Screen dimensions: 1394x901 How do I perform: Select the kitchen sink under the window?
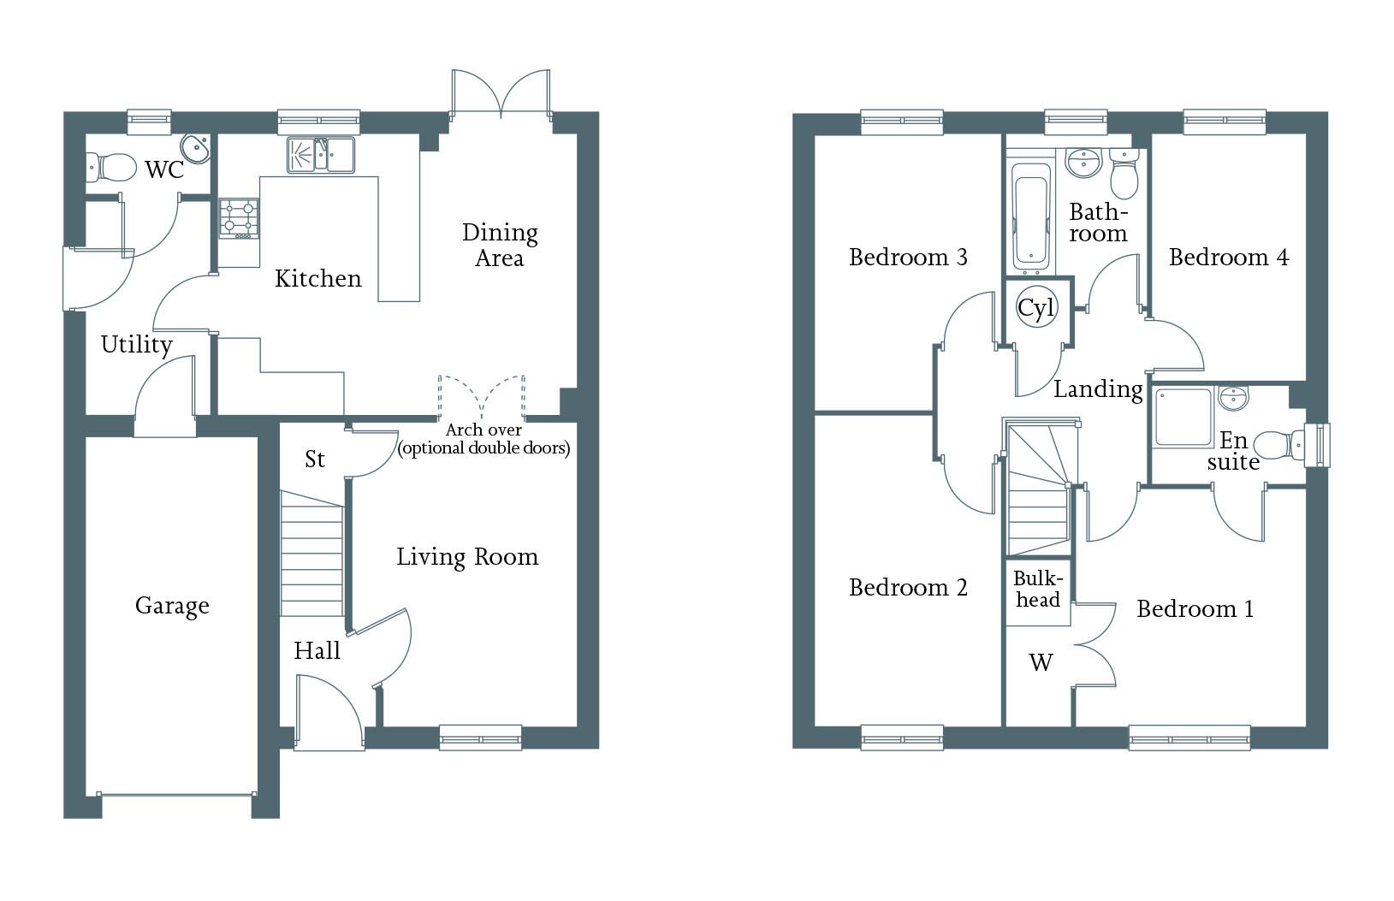(321, 154)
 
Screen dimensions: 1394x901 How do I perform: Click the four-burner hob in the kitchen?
(239, 218)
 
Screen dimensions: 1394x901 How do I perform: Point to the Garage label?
(172, 606)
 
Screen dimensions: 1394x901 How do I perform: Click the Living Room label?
(467, 557)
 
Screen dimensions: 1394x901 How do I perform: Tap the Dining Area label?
(500, 246)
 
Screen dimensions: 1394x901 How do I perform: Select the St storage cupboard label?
(314, 459)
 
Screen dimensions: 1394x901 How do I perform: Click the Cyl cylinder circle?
(1036, 307)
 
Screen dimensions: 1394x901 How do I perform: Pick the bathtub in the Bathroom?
(1030, 217)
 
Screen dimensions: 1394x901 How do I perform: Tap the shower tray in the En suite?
(1183, 417)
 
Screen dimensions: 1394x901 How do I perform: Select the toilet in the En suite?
(1279, 446)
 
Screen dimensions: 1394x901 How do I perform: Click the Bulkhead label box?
(1037, 592)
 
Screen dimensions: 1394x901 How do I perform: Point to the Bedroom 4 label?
(1229, 257)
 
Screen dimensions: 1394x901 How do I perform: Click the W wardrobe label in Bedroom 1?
(1041, 662)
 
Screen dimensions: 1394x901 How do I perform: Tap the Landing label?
(1099, 389)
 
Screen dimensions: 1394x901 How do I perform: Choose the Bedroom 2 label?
(908, 587)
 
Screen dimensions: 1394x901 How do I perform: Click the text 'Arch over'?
(483, 430)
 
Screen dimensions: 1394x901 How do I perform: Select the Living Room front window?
(480, 738)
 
